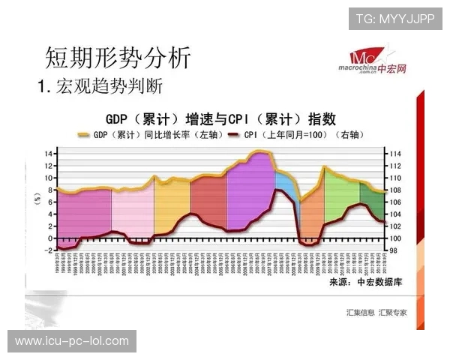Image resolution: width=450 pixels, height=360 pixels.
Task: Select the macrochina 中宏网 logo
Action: pos(378,59)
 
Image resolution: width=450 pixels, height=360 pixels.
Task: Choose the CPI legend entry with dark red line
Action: pos(292,135)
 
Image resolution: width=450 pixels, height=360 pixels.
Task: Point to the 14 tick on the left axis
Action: pos(47,154)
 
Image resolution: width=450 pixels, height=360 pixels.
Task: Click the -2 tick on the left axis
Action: pos(47,250)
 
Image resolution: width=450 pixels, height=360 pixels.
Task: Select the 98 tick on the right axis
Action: pos(395,250)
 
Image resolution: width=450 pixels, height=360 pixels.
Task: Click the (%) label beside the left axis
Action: pos(36,199)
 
